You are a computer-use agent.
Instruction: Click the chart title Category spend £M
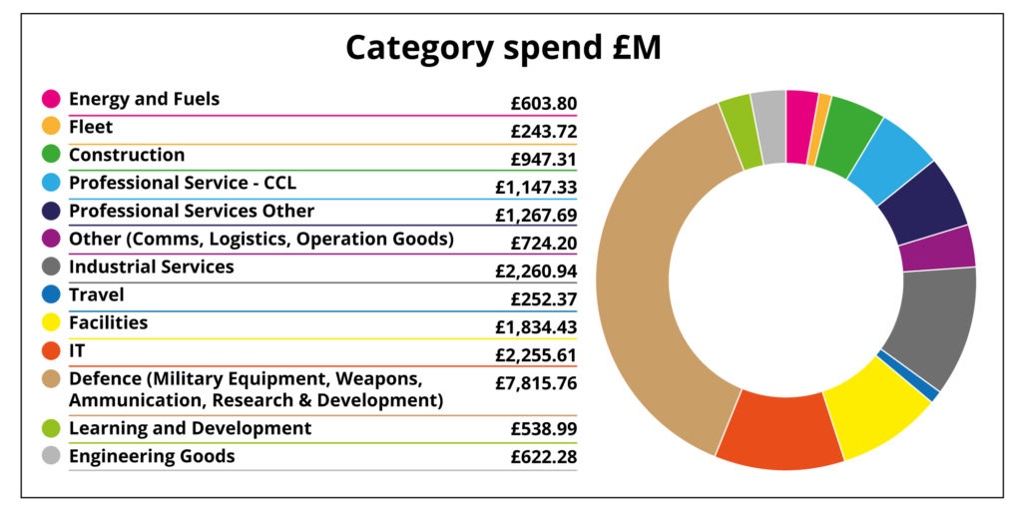(503, 48)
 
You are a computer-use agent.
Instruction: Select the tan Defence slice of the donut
(639, 289)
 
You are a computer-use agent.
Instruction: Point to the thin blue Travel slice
(906, 374)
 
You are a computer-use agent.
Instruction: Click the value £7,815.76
(535, 383)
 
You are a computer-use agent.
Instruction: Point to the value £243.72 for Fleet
(543, 132)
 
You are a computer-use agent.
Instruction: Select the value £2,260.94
(535, 271)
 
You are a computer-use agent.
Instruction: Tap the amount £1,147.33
(535, 188)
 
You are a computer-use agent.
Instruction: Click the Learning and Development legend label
(190, 428)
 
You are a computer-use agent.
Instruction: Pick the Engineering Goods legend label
(152, 456)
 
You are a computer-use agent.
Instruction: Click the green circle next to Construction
(51, 155)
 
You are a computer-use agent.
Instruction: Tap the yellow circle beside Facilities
(51, 322)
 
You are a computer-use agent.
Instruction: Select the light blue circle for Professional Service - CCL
(51, 183)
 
